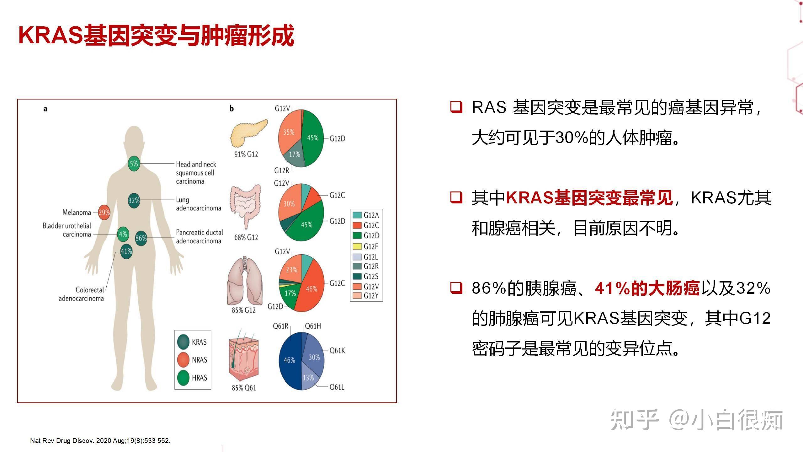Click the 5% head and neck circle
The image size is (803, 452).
pyautogui.click(x=134, y=164)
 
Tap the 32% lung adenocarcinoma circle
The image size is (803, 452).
pyautogui.click(x=134, y=201)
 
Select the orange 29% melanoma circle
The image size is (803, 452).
pyautogui.click(x=104, y=213)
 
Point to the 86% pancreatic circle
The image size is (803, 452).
pyautogui.click(x=141, y=238)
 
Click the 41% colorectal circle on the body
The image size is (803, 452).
pyautogui.click(x=126, y=251)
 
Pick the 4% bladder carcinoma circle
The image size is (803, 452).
pyautogui.click(x=123, y=234)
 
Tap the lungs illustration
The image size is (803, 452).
pyautogui.click(x=245, y=281)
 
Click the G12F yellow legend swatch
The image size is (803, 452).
pyautogui.click(x=357, y=246)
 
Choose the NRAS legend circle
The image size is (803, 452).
pyautogui.click(x=183, y=360)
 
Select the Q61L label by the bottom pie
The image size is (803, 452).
pyautogui.click(x=337, y=387)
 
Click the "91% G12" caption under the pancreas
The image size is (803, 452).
pyautogui.click(x=246, y=154)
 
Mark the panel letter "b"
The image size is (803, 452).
pyautogui.click(x=231, y=109)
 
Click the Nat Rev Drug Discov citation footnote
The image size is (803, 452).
pyautogui.click(x=100, y=440)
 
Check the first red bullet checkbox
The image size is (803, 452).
pyautogui.click(x=456, y=107)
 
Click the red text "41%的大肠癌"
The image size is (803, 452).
pyautogui.click(x=647, y=288)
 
